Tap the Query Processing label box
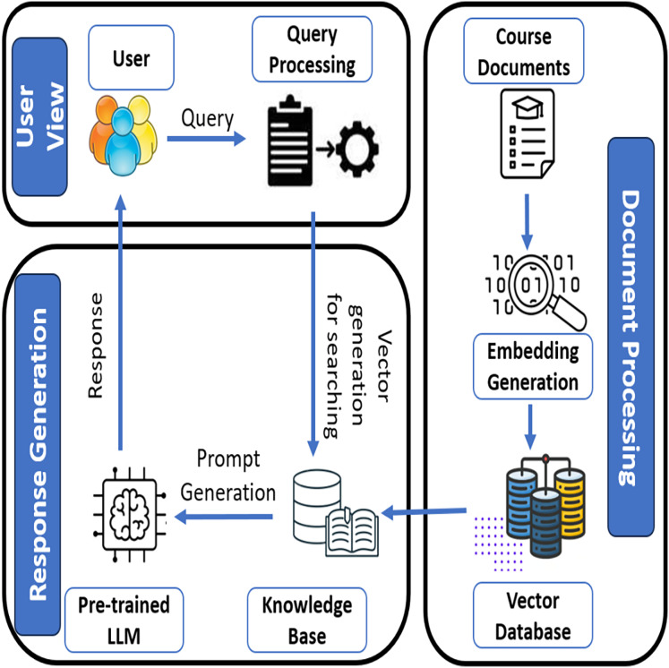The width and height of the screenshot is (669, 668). (x=310, y=49)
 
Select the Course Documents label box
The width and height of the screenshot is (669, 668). (x=523, y=52)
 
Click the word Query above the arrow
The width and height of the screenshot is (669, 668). (x=208, y=117)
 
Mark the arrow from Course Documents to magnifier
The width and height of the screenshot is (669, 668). (x=527, y=215)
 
